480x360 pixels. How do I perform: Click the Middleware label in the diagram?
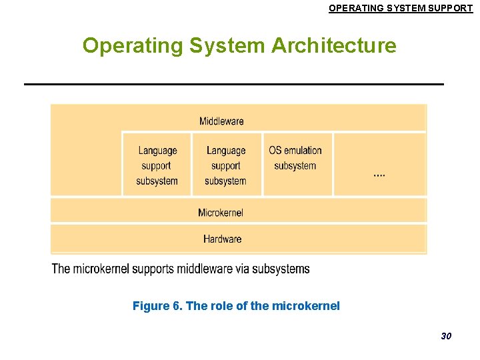click(221, 121)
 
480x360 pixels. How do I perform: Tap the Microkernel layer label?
click(221, 213)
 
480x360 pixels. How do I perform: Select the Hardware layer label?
click(223, 239)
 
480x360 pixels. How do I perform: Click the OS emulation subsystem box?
click(295, 163)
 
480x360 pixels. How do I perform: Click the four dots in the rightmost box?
click(379, 175)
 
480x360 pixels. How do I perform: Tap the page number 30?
click(446, 336)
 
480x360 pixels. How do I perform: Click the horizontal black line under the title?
click(233, 84)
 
